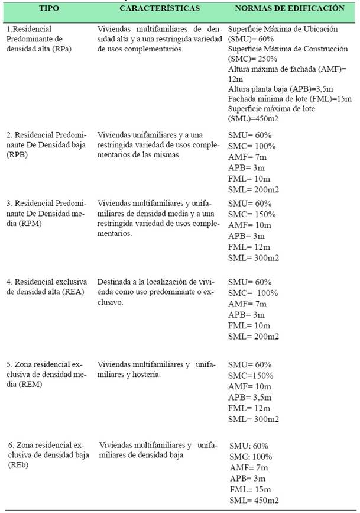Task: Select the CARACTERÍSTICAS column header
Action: tap(160, 9)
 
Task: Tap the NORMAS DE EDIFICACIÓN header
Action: tap(290, 9)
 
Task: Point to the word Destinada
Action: tap(117, 281)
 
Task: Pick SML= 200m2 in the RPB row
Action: tap(253, 191)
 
